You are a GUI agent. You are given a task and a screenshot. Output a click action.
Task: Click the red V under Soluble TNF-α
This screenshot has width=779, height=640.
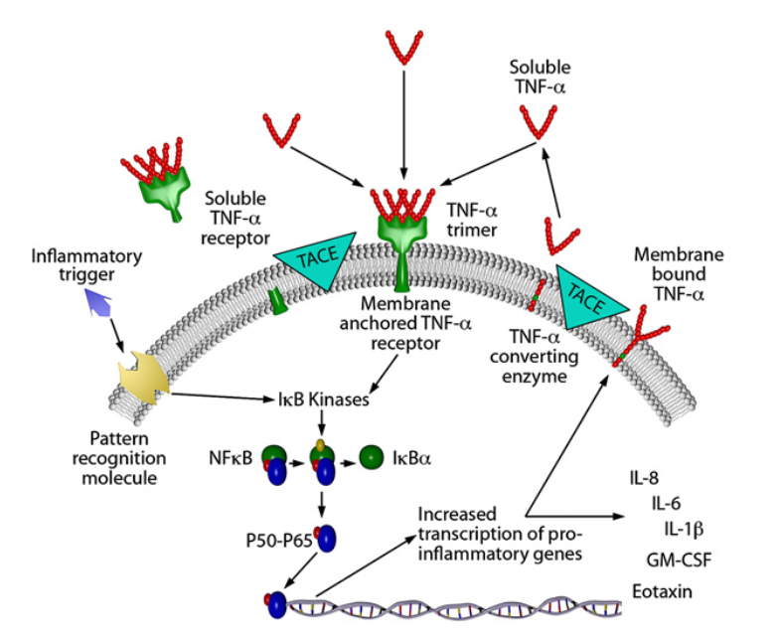[x=541, y=120]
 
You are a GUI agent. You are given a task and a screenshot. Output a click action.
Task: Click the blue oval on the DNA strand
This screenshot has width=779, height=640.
[x=275, y=603]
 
